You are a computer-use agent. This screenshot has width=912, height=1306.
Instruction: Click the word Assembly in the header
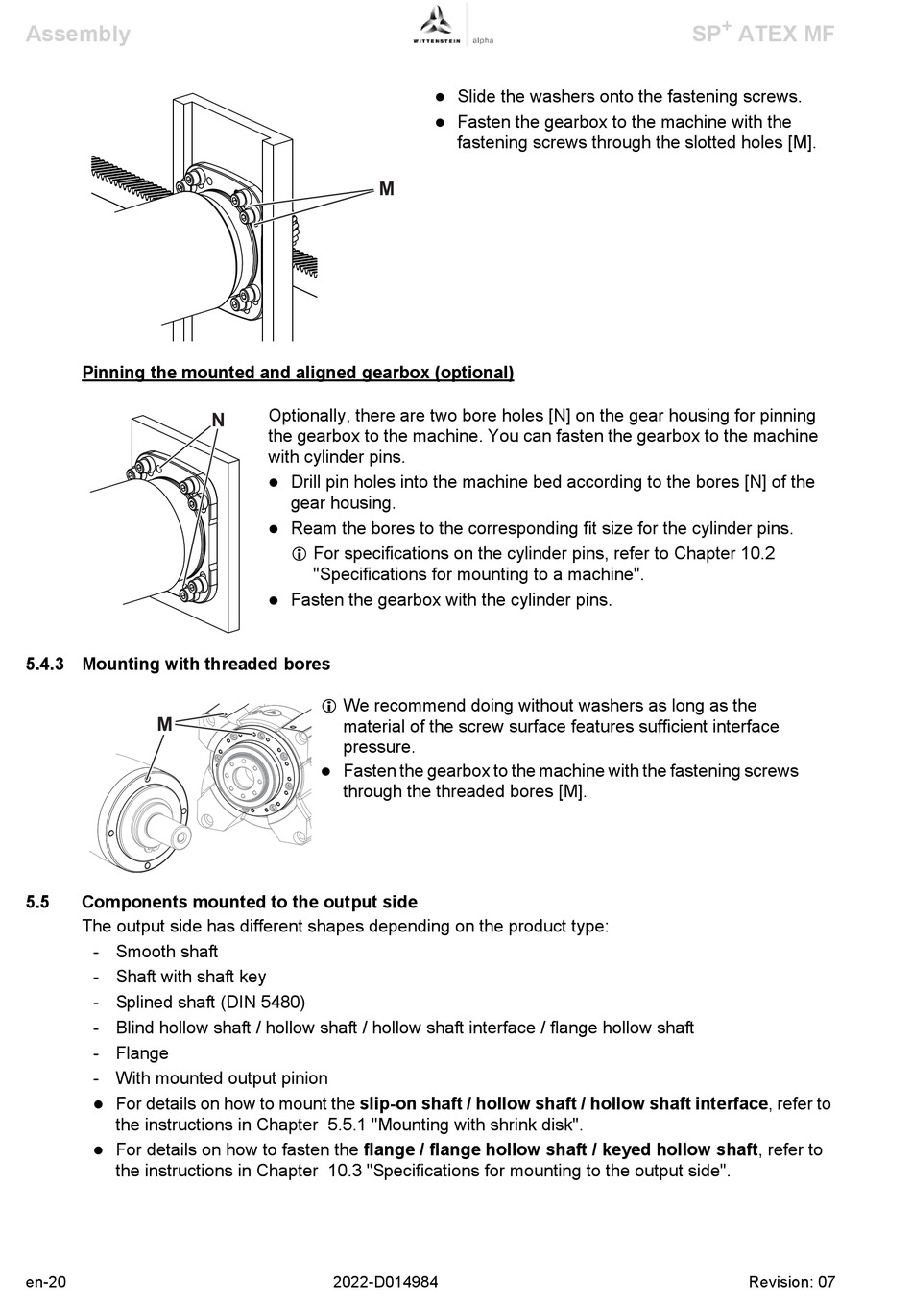[78, 34]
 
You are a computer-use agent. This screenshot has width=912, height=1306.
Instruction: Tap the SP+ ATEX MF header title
[763, 34]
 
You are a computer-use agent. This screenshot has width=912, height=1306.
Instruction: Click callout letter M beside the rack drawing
[387, 189]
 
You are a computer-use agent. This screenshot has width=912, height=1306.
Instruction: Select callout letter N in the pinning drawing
[218, 420]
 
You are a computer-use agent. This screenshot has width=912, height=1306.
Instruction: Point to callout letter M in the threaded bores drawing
[164, 724]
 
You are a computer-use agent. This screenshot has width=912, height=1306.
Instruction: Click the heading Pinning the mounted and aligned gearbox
[298, 373]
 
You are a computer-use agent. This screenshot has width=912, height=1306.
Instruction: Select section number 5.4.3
[44, 665]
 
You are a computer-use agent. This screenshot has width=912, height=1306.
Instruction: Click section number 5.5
[37, 902]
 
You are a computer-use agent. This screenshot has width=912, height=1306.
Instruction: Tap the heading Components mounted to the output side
[250, 902]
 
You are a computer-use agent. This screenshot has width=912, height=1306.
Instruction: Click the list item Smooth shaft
[167, 952]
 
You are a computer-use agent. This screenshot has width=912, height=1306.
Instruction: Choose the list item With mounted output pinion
[222, 1078]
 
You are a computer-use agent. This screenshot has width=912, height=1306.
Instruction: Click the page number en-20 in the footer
[46, 1282]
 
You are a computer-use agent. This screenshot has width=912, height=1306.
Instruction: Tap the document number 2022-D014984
[386, 1282]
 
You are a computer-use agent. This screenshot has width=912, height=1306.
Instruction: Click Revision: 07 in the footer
[792, 1282]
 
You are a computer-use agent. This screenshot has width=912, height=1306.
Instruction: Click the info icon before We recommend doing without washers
[328, 706]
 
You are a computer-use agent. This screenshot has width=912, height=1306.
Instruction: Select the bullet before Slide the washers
[441, 97]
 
